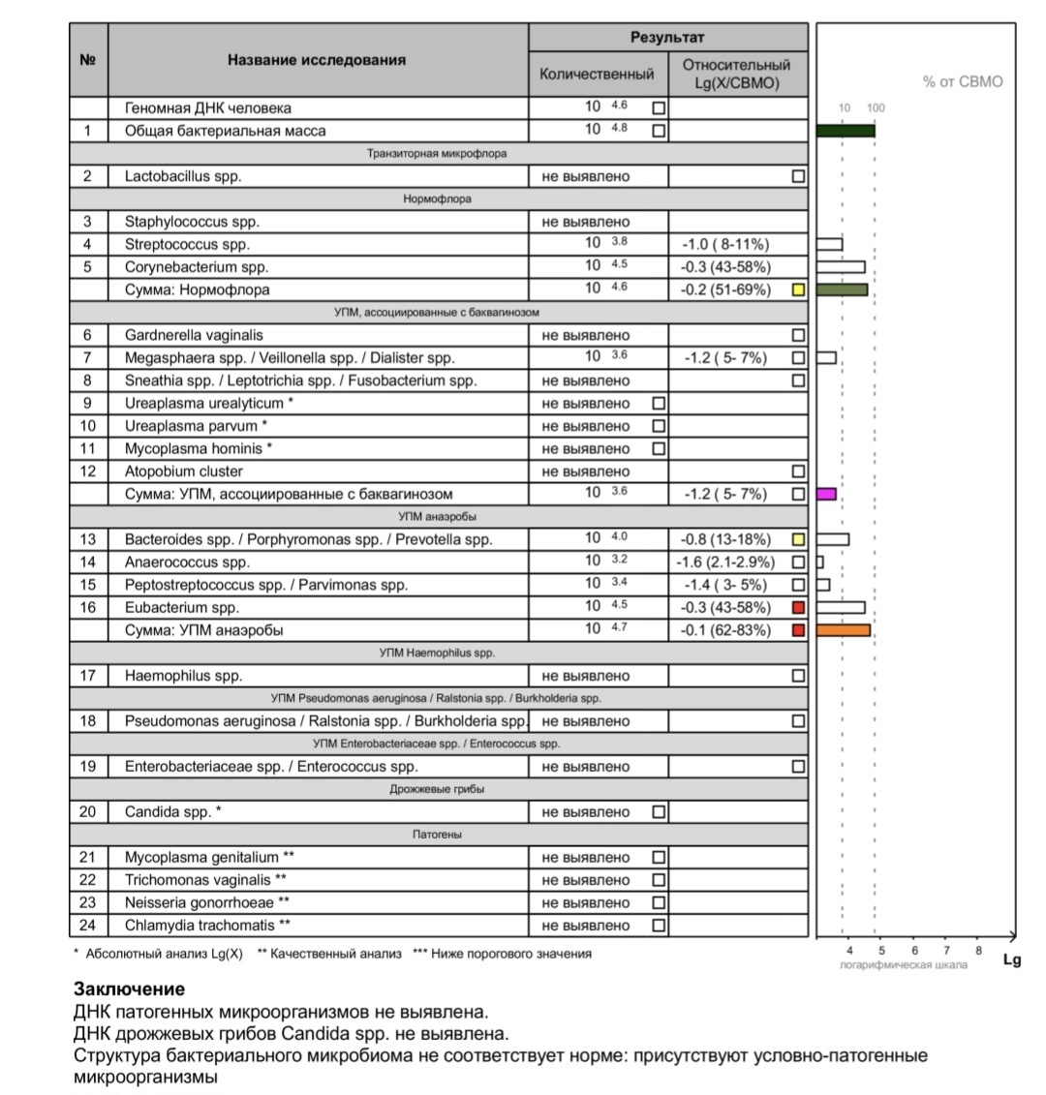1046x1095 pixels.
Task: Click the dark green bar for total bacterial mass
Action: click(846, 131)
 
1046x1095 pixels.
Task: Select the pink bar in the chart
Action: click(826, 494)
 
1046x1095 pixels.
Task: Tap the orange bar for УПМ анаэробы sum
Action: click(844, 630)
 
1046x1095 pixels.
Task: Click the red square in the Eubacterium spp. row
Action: click(798, 608)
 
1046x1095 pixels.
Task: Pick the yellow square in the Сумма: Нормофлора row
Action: click(798, 289)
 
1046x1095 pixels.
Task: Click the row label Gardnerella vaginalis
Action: click(194, 335)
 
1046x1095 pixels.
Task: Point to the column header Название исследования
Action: click(317, 60)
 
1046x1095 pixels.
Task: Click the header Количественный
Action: click(597, 74)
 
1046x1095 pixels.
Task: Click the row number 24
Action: click(87, 926)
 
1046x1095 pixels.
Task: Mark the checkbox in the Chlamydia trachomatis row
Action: click(659, 926)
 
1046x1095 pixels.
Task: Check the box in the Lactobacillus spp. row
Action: click(798, 176)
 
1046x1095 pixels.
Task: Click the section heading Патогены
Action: click(438, 835)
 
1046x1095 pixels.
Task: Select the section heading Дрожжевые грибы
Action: click(438, 789)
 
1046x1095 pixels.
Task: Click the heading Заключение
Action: click(129, 989)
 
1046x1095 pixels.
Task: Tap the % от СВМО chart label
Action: click(963, 82)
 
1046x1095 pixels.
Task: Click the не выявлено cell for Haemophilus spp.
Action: click(586, 676)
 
